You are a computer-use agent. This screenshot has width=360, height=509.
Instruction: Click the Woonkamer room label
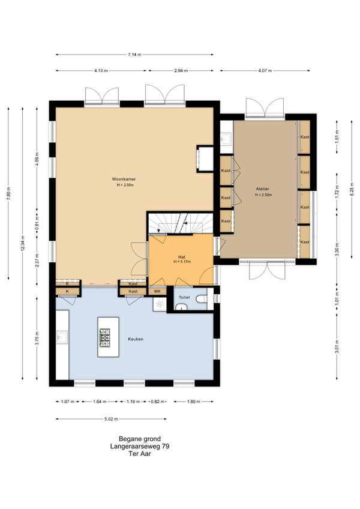point(124,179)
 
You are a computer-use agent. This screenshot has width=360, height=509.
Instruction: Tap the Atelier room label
point(262,188)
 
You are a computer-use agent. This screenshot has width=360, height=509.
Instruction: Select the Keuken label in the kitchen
point(136,339)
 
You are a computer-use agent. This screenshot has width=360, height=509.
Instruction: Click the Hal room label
point(181,256)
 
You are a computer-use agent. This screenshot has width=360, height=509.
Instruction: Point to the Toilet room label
point(184,297)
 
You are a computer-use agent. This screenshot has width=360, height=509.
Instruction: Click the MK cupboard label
point(157,291)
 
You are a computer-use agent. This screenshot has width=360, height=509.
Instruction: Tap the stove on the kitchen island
point(104,338)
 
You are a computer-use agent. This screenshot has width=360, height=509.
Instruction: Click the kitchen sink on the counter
point(62,337)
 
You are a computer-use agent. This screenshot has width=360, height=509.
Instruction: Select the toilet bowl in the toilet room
point(202,298)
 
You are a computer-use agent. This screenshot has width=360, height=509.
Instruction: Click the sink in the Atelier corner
point(226,139)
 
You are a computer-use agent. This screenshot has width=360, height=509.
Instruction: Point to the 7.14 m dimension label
point(134,55)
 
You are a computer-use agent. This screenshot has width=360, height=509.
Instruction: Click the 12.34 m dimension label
point(22,243)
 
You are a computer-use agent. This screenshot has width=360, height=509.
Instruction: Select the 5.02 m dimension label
point(111,419)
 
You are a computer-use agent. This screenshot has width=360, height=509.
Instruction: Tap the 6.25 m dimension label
point(351,189)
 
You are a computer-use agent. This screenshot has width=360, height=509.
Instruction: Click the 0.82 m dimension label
point(157,402)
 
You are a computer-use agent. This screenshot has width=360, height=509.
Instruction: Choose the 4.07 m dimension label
point(265,70)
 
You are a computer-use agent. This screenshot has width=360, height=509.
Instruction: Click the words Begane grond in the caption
point(140,439)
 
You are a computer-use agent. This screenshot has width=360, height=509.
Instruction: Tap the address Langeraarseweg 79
point(140,447)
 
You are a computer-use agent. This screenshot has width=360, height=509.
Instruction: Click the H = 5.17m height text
point(182,261)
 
